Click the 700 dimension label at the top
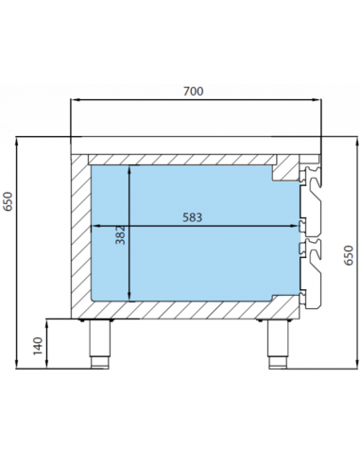(x=194, y=91)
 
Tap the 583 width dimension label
(x=193, y=217)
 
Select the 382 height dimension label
(x=120, y=235)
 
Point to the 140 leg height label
(x=38, y=346)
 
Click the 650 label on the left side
(x=8, y=201)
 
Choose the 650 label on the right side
(x=349, y=255)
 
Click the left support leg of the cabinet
(x=99, y=344)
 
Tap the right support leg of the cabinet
(x=278, y=344)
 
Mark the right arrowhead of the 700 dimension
(x=317, y=100)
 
